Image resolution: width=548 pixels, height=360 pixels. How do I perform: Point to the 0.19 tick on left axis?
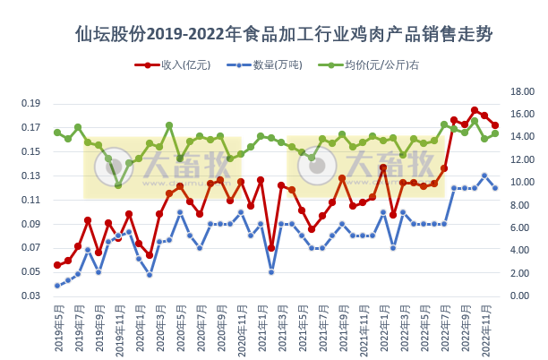(30, 103)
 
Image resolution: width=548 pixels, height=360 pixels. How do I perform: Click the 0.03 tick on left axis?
(30, 296)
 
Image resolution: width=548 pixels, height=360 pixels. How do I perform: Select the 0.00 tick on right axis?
(520, 296)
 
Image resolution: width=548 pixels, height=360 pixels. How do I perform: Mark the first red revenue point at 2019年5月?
(57, 265)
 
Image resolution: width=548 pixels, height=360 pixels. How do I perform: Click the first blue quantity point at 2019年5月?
(57, 286)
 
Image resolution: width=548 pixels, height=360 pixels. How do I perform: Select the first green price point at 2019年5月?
(57, 133)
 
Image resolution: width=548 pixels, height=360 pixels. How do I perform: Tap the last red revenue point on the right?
(495, 125)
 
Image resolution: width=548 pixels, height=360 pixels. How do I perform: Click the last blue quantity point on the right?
(495, 187)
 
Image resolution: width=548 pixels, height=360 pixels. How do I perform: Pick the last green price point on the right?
(495, 133)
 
